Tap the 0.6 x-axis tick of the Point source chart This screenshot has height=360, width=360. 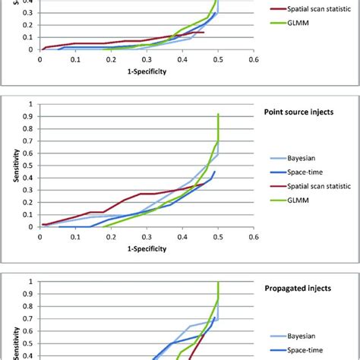click(254, 236)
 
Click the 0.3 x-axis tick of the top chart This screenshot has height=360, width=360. click(147, 58)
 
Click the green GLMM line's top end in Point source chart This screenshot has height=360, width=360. click(218, 114)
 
